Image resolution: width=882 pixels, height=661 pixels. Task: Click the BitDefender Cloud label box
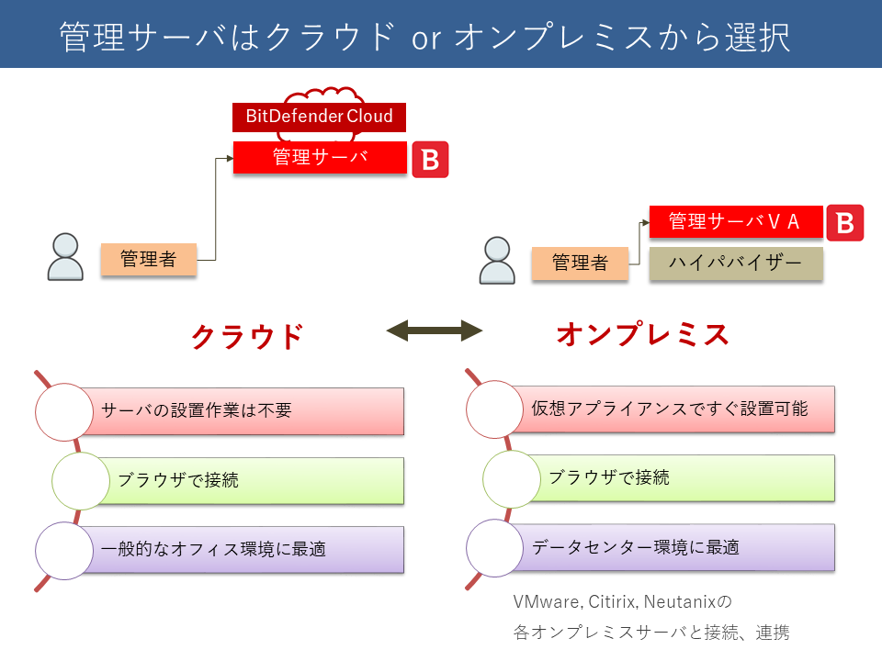point(319,117)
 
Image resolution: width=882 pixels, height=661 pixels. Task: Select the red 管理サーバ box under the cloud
point(320,157)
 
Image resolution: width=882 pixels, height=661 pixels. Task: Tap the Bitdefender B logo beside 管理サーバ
point(430,160)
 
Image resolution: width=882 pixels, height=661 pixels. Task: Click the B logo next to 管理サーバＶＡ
point(845,222)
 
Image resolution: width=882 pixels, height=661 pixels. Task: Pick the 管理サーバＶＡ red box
point(736,221)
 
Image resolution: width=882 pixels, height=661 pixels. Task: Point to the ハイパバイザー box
point(736,263)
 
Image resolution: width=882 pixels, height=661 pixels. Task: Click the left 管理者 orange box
point(149,259)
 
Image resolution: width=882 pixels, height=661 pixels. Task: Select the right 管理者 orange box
point(580,263)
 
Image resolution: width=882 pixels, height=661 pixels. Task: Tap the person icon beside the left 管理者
point(65,257)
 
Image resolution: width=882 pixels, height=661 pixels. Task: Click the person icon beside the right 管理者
point(497,260)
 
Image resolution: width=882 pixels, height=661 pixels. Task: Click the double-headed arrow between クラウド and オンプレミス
point(435,330)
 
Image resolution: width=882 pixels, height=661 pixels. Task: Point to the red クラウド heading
point(247,337)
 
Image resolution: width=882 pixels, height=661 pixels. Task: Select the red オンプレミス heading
point(642,334)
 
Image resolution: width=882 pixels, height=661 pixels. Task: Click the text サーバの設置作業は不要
point(197,410)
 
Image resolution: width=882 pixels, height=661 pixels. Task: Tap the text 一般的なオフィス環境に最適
point(213,549)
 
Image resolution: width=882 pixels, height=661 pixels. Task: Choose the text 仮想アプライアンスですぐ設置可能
point(670,409)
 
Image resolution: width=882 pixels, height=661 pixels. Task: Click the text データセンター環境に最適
point(636,547)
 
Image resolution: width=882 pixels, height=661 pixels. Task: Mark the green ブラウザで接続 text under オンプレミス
point(609,477)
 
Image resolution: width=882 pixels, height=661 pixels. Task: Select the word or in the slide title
point(426,39)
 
